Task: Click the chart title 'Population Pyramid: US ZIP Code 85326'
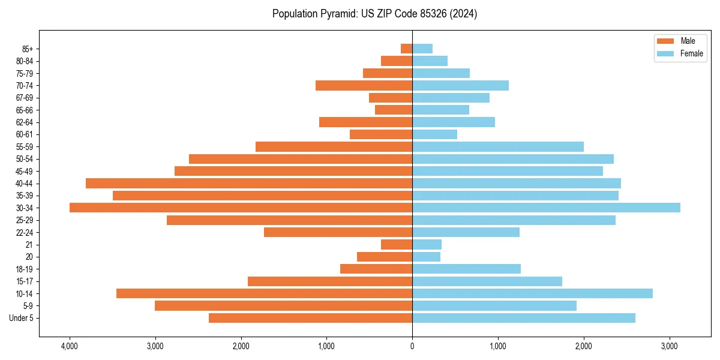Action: (x=374, y=14)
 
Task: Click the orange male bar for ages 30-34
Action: (x=241, y=208)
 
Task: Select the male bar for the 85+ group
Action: (x=406, y=49)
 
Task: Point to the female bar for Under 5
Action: (x=523, y=318)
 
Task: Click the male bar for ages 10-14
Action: (x=264, y=293)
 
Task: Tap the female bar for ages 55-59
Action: (x=497, y=146)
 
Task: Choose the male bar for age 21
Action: (x=397, y=245)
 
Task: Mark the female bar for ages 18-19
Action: (x=466, y=269)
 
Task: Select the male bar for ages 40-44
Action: (x=249, y=183)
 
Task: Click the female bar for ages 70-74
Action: (x=460, y=85)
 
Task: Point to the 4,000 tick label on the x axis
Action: (x=70, y=347)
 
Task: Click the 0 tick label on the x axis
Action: (x=412, y=347)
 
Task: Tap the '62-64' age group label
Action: (x=25, y=122)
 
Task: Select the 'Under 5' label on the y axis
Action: (x=22, y=318)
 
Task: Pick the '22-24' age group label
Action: (x=25, y=232)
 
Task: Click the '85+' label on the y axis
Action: (x=27, y=49)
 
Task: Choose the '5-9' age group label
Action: (x=28, y=306)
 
